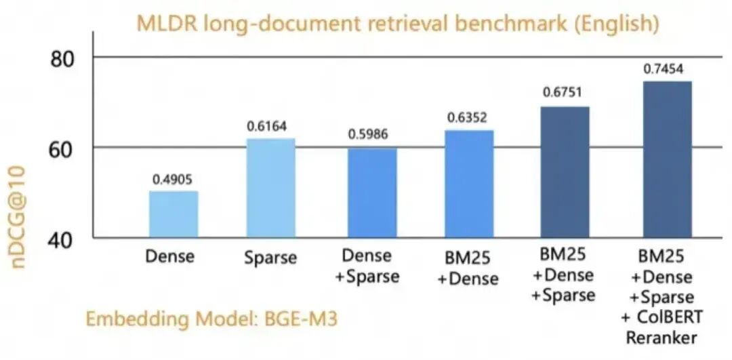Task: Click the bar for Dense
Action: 174,214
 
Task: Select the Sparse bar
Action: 270,188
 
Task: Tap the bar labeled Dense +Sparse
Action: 372,193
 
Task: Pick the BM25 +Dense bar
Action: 469,184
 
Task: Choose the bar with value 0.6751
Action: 565,172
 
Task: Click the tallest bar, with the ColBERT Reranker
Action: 667,160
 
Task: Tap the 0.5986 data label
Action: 372,135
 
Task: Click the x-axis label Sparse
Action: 270,258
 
